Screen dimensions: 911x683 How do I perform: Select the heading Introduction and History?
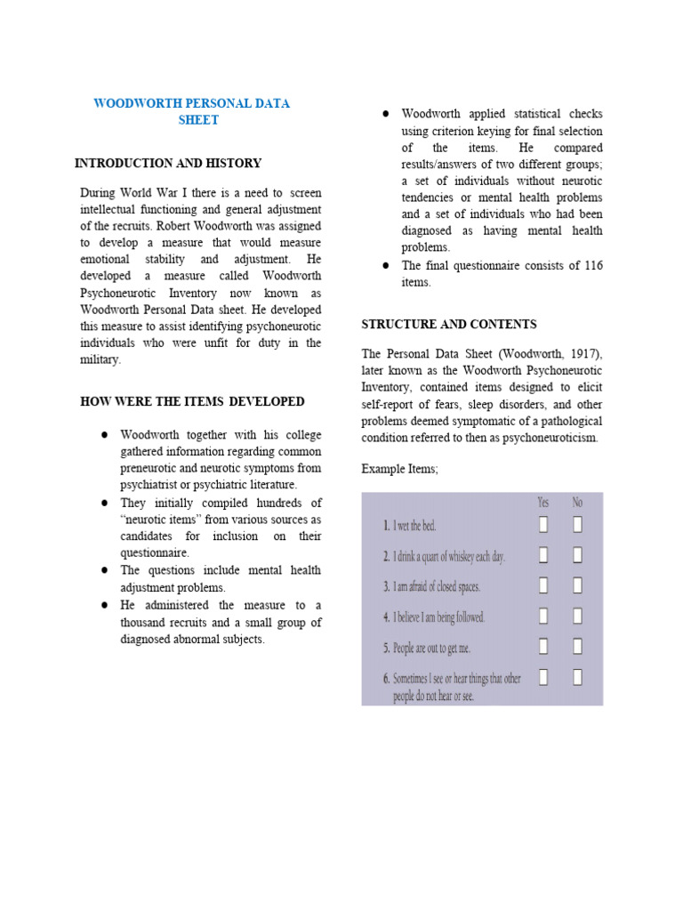(x=168, y=164)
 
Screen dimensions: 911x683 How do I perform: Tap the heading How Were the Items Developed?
(x=192, y=402)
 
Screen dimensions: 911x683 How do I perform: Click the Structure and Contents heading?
(x=449, y=325)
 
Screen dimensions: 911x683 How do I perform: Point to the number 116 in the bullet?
(x=591, y=265)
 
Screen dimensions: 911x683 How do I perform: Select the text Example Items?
(x=400, y=469)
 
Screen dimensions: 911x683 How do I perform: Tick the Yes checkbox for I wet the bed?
(x=543, y=525)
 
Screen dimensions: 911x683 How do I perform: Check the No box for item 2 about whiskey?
(x=577, y=555)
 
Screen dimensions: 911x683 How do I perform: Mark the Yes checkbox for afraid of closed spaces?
(x=543, y=585)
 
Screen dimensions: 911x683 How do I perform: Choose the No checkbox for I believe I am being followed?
(x=577, y=616)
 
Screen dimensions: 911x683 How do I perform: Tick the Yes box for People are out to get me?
(x=543, y=647)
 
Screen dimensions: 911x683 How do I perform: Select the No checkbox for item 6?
(x=577, y=678)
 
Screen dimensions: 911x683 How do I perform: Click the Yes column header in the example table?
(x=543, y=503)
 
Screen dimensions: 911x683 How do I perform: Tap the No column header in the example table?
(x=577, y=503)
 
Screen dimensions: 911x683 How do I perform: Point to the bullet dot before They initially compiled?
(x=104, y=503)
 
